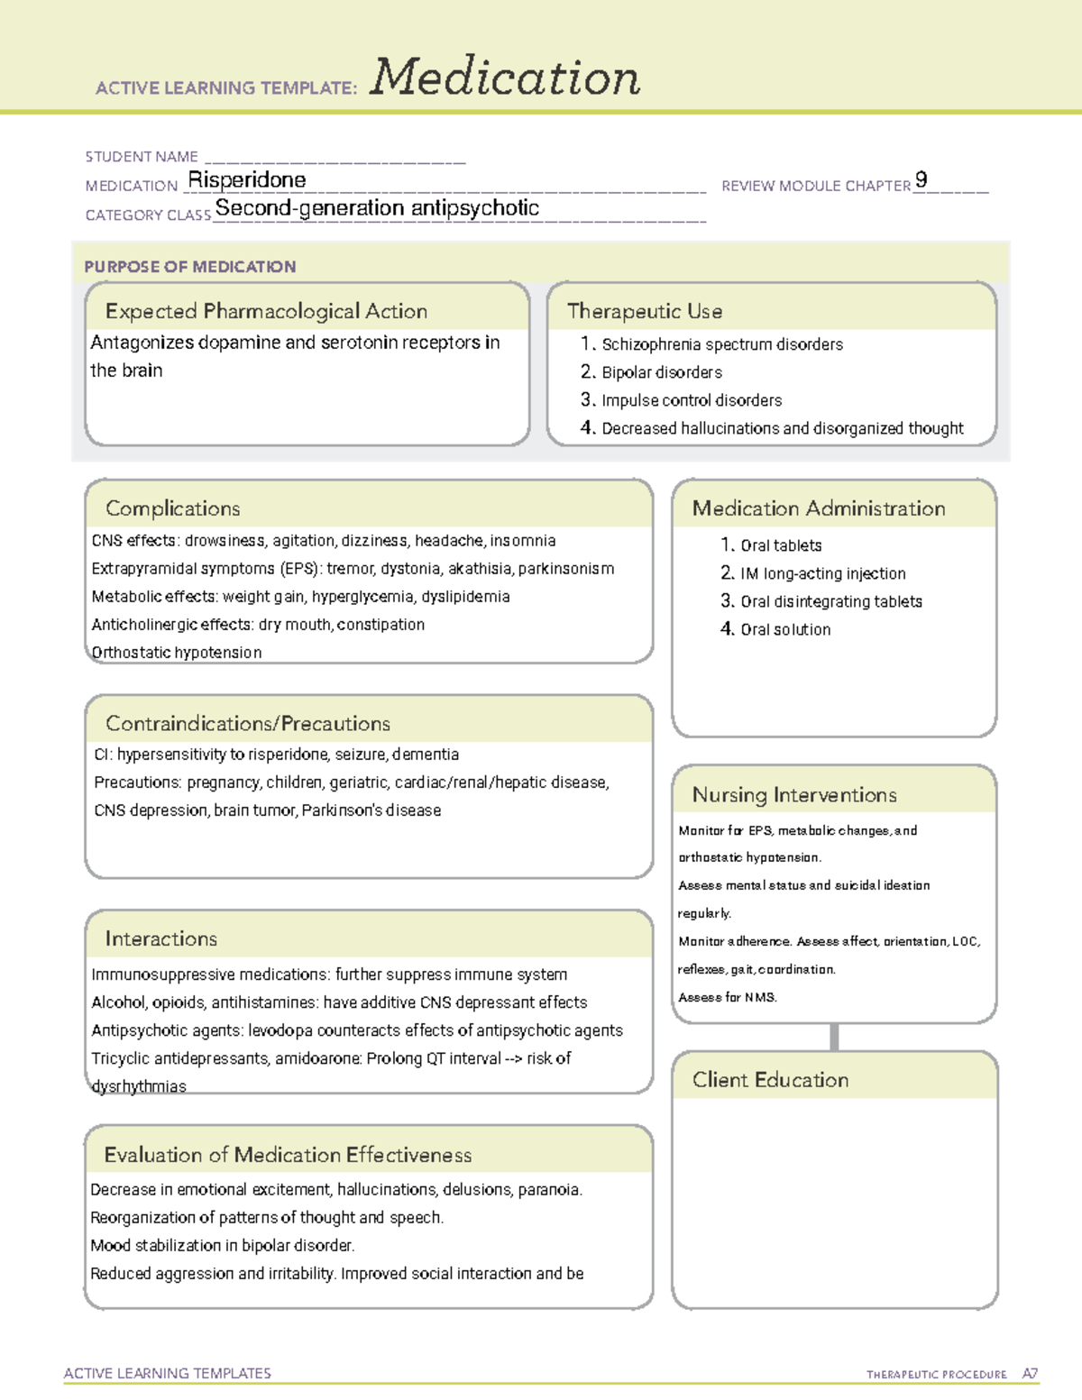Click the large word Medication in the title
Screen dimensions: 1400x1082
coord(505,78)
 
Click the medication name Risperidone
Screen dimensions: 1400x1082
coord(247,180)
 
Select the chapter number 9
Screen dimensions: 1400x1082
coord(921,179)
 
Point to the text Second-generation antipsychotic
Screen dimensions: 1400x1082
coord(377,208)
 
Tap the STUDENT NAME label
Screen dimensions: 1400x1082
coord(142,157)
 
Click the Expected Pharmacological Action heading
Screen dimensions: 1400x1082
coord(266,311)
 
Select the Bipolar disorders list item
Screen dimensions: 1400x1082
coord(661,372)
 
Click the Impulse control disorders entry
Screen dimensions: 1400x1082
coord(691,400)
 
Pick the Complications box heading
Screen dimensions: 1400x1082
coord(173,508)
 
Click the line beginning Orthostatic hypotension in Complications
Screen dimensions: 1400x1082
coord(177,653)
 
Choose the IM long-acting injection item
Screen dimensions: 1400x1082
coord(822,573)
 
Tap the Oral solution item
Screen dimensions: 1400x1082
coord(784,629)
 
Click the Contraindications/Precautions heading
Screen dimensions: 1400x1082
coord(248,724)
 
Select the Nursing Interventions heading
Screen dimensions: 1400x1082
coord(794,795)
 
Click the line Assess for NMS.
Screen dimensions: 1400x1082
coord(728,997)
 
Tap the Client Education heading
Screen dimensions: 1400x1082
coord(770,1080)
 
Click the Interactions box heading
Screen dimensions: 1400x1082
coord(161,939)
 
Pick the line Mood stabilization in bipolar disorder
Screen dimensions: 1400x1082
coord(223,1246)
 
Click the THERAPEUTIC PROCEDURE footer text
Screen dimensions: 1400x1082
coord(936,1375)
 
